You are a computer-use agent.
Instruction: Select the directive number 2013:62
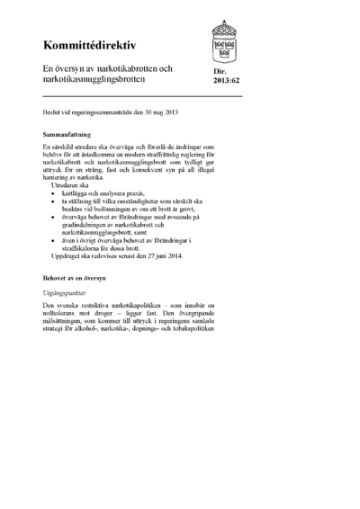(227, 80)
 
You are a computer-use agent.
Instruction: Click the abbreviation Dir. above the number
(220, 70)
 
